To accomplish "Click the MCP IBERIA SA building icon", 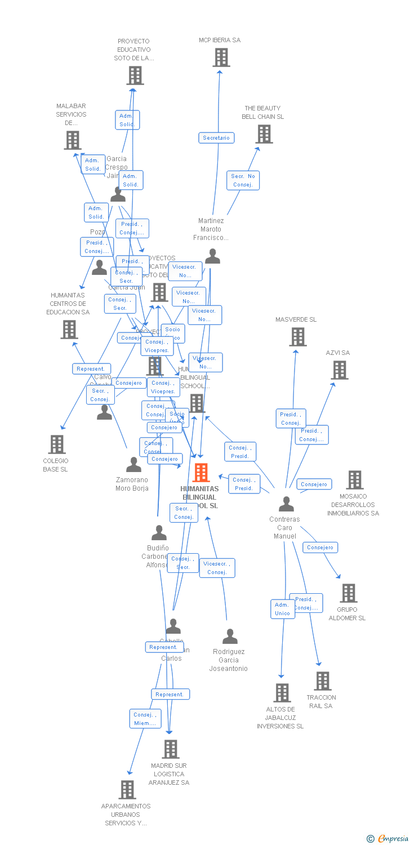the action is pos(221,57).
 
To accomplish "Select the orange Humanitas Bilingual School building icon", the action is pos(201,473).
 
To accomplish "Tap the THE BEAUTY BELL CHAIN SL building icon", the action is pos(264,134).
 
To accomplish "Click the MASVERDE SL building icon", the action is pos(297,337).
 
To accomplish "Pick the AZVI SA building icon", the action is pos(339,370).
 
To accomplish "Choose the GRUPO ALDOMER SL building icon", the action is pos(349,593).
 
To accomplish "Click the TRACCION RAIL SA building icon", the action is pos(323,681).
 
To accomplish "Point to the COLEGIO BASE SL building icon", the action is pos(57,444).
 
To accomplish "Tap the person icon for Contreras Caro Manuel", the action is pos(286,504).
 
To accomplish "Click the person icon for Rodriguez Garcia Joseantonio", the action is pos(230,637).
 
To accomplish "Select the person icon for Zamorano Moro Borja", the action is pos(133,465).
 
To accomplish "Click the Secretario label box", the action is pos(216,138).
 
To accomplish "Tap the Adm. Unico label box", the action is pos(283,609).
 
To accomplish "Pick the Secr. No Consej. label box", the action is pos(243,180).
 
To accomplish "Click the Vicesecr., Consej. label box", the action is pos(217,568).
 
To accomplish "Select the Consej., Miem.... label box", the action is pos(145,719).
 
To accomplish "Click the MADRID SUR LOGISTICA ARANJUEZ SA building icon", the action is pos(171,749).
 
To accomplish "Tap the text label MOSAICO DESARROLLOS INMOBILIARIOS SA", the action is pos(353,505).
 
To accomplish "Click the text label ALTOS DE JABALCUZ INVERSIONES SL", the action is pos(280,718).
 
